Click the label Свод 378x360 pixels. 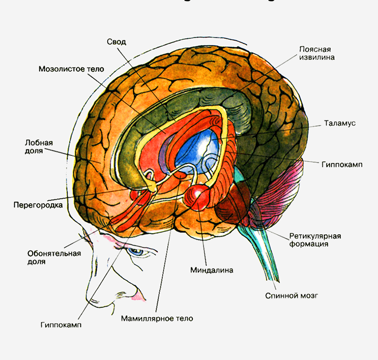[x=116, y=42]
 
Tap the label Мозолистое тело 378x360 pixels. [x=71, y=68]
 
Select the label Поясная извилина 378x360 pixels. [x=316, y=53]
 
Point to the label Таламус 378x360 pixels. [x=340, y=123]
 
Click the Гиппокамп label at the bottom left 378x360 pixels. [x=61, y=325]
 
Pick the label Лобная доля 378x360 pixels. [x=39, y=146]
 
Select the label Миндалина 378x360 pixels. [x=211, y=270]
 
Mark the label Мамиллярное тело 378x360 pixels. [x=157, y=318]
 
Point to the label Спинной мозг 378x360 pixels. [x=291, y=295]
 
